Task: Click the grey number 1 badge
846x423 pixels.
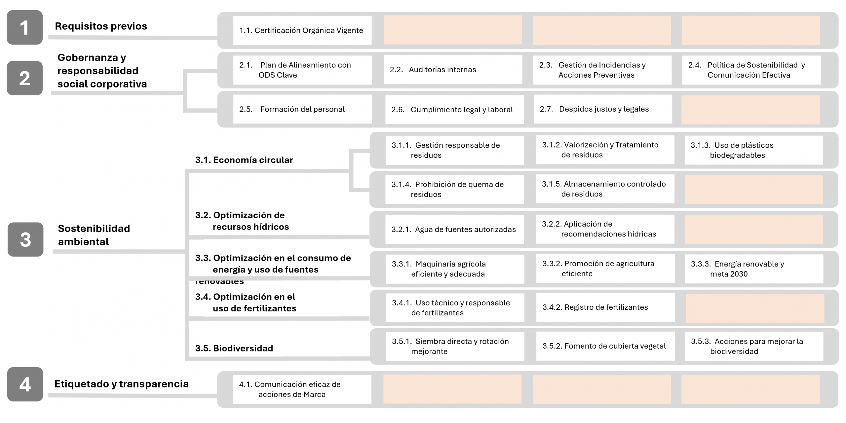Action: [25, 27]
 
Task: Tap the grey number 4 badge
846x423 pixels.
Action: [25, 384]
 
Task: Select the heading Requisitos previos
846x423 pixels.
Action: [101, 26]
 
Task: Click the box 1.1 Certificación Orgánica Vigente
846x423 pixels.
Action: [302, 30]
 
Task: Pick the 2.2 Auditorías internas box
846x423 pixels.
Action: [453, 70]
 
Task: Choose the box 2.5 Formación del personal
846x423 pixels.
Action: [302, 109]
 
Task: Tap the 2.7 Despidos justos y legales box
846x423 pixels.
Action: [602, 109]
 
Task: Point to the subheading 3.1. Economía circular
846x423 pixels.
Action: [244, 160]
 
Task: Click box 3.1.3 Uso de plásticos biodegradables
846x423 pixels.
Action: [753, 150]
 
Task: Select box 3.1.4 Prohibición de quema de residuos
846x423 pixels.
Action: [454, 189]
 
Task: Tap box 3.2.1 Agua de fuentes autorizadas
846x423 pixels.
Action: [454, 229]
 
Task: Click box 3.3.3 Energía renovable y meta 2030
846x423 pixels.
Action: [754, 269]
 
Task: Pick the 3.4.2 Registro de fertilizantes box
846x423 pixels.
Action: [605, 307]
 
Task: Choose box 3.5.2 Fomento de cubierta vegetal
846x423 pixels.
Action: [605, 346]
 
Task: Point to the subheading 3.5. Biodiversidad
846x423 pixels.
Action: [234, 348]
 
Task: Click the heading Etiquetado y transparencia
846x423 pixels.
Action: [121, 384]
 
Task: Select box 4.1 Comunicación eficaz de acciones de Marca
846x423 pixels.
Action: [302, 389]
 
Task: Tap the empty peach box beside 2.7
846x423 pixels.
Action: [750, 110]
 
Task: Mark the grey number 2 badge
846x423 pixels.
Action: [25, 78]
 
